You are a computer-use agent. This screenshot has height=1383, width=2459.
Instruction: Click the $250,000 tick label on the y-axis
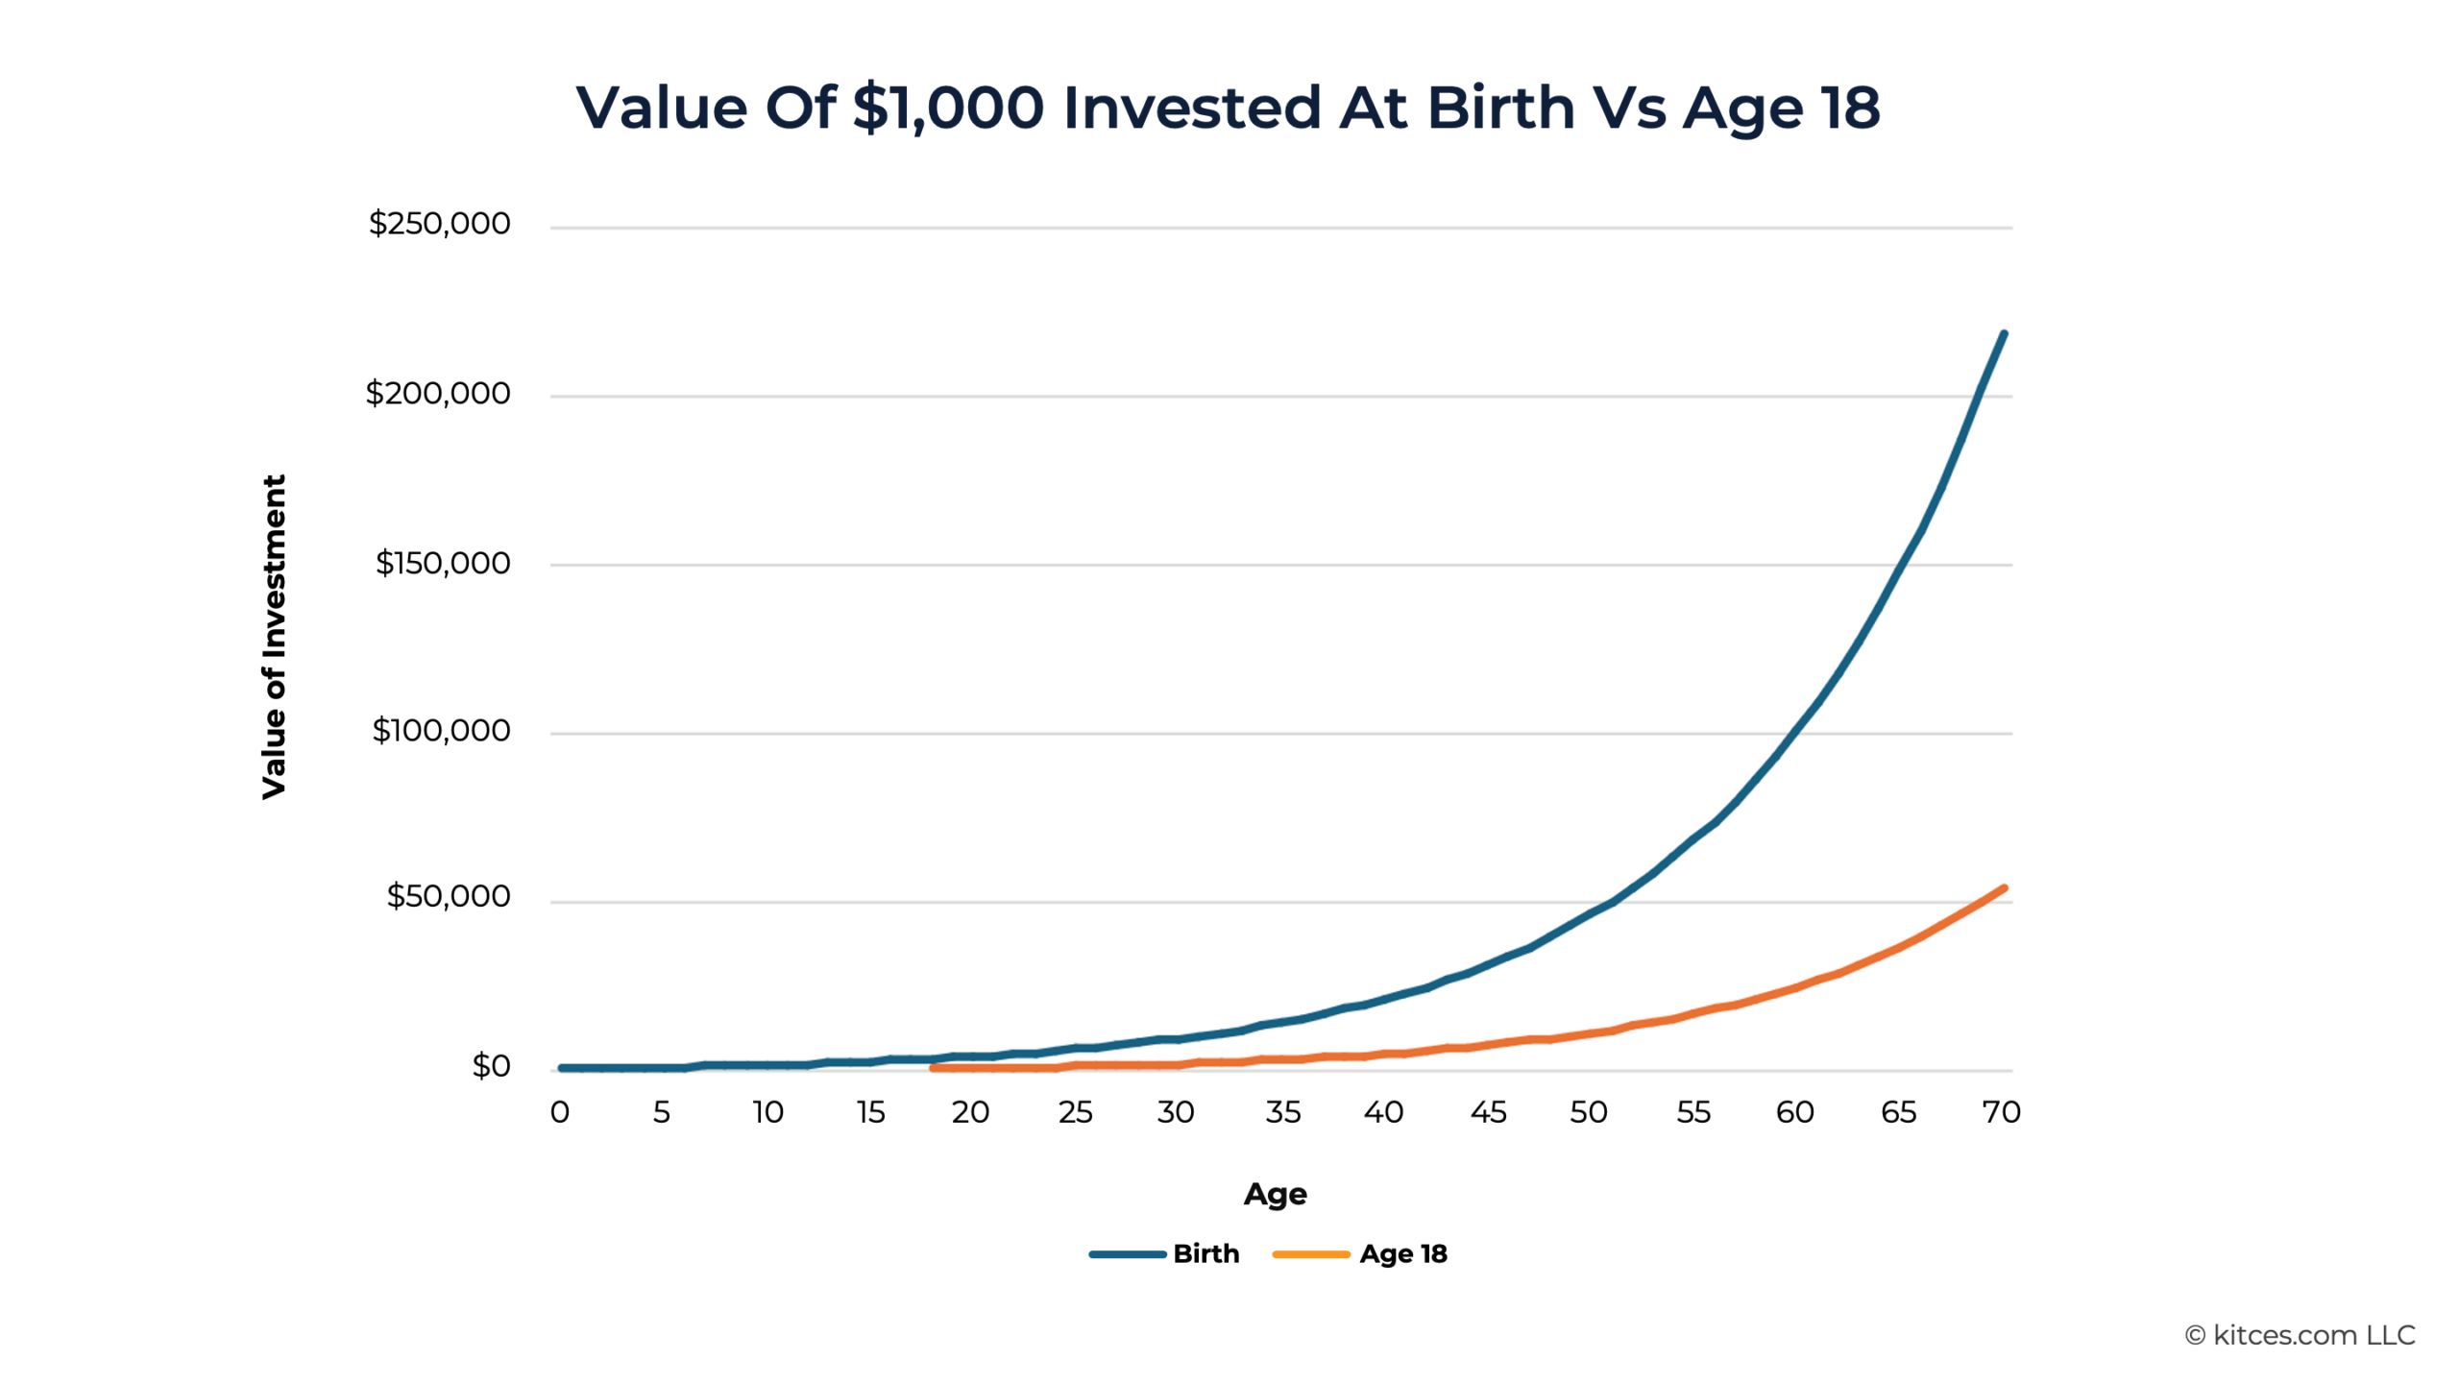click(x=439, y=224)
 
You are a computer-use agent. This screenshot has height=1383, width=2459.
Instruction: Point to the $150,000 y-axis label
click(x=442, y=563)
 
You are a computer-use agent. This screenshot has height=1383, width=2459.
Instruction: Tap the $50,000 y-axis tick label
click(x=448, y=896)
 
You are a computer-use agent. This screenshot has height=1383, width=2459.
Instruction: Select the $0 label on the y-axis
click(x=490, y=1066)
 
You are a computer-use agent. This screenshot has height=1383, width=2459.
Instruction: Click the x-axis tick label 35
click(x=1282, y=1112)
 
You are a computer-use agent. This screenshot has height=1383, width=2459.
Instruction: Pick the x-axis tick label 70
click(x=2001, y=1112)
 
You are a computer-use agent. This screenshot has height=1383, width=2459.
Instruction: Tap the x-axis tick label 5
click(x=661, y=1112)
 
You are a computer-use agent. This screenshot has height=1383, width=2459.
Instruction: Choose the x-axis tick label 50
click(x=1588, y=1112)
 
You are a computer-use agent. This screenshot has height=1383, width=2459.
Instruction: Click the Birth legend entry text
click(x=1205, y=1253)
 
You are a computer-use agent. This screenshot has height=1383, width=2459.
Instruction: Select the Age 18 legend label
click(x=1402, y=1253)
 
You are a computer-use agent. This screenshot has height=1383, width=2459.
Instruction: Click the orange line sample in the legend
click(x=1310, y=1254)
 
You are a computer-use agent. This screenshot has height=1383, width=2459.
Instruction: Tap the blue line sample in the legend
click(x=1127, y=1254)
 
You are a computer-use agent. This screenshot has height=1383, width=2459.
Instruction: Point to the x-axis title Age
click(x=1275, y=1194)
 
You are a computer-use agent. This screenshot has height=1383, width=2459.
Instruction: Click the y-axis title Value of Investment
click(x=274, y=636)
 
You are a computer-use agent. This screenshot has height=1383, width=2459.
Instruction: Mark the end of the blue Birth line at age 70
click(x=2003, y=334)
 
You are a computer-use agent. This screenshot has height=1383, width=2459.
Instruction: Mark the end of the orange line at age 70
click(x=2004, y=888)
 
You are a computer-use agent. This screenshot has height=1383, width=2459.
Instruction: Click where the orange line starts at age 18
click(x=933, y=1068)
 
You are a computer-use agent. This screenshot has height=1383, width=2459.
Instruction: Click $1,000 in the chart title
click(x=947, y=107)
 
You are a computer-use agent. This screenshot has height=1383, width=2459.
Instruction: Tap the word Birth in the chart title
click(x=1500, y=107)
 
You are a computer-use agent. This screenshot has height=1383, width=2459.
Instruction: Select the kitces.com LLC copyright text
click(x=2300, y=1335)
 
